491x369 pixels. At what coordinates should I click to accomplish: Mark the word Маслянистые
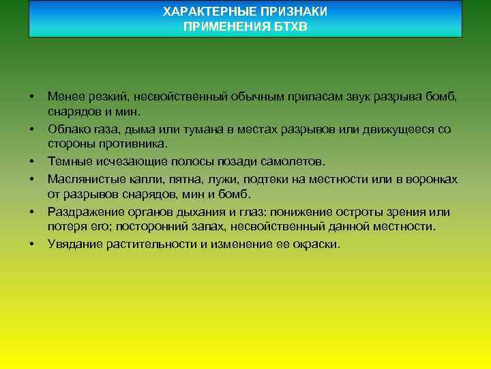pos(81,179)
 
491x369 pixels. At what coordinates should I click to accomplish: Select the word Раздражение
pos(82,211)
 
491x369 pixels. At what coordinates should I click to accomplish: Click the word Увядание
pos(74,244)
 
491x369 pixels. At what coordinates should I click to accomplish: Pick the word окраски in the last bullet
pos(316,244)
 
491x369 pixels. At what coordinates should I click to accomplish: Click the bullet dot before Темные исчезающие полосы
pos(32,163)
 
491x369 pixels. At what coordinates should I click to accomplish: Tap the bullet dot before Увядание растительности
pos(32,245)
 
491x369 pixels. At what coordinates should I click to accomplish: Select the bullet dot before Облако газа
pos(32,130)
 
